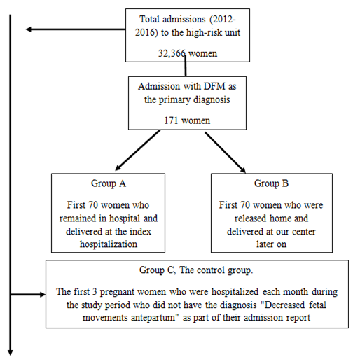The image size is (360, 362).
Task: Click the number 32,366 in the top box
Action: (x=172, y=53)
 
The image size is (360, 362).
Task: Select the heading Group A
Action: (x=109, y=183)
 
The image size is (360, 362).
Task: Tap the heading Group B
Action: (x=271, y=183)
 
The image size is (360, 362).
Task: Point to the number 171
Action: (x=171, y=120)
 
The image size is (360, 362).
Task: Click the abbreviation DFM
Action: (x=214, y=86)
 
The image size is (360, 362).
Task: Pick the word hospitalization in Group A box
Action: (x=109, y=244)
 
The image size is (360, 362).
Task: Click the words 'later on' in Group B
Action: (x=271, y=244)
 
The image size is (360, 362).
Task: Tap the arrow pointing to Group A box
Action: (x=138, y=150)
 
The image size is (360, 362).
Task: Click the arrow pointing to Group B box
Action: (x=226, y=153)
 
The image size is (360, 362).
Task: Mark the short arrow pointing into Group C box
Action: (x=28, y=295)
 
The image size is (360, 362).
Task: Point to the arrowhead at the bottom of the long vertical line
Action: (x=11, y=352)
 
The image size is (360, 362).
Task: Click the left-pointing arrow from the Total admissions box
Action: (x=76, y=29)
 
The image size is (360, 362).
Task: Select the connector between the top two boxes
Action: (x=186, y=66)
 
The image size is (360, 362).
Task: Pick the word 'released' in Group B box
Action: (x=251, y=218)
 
